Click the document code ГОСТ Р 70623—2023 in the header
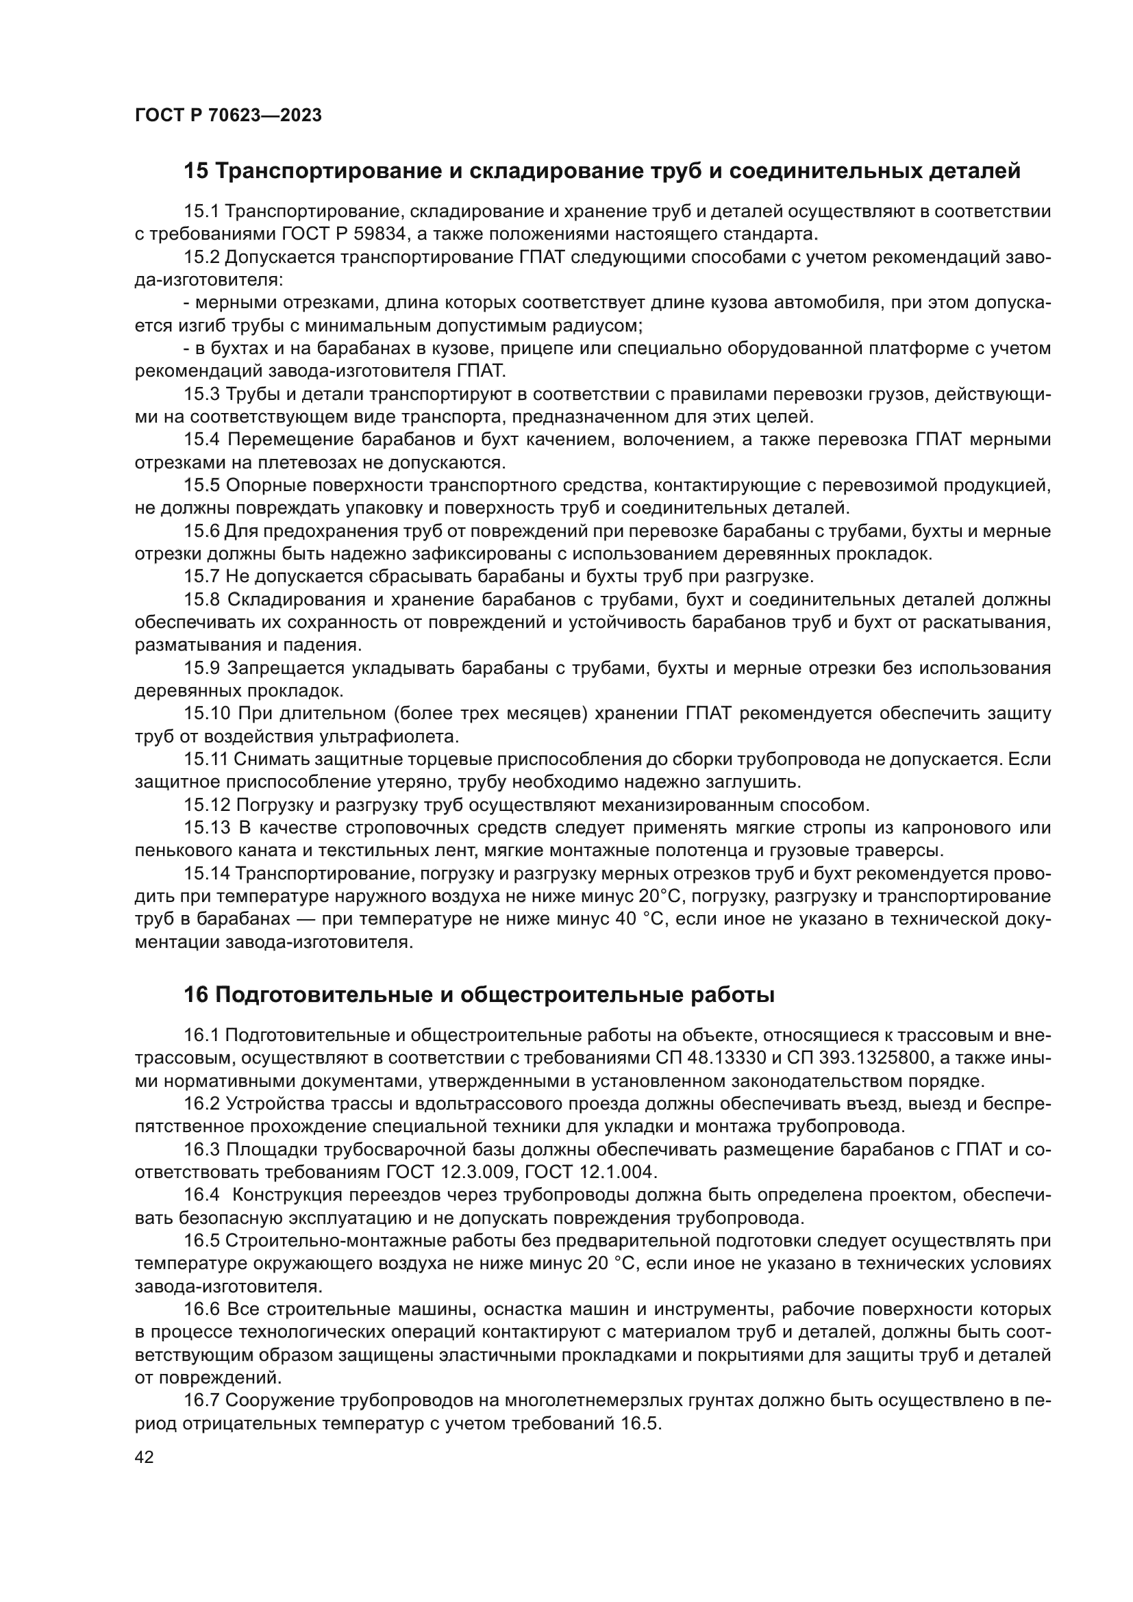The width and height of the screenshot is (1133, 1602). [228, 116]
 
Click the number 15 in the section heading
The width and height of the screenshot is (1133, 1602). [196, 171]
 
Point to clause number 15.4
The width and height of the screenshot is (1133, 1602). [202, 440]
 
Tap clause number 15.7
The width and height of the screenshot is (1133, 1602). [202, 576]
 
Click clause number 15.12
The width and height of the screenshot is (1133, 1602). [206, 805]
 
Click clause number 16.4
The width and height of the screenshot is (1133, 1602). [202, 1194]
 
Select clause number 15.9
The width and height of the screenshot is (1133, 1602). [202, 668]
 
